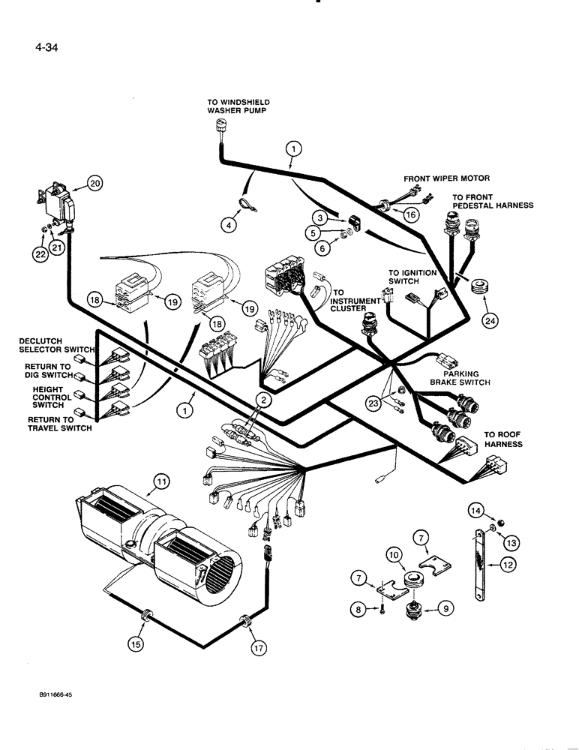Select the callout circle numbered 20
[x=94, y=182]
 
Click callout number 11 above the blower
[x=159, y=481]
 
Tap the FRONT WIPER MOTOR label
[x=446, y=178]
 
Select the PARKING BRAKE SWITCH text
[x=460, y=377]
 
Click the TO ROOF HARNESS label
[x=502, y=439]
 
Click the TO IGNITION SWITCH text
[x=412, y=277]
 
